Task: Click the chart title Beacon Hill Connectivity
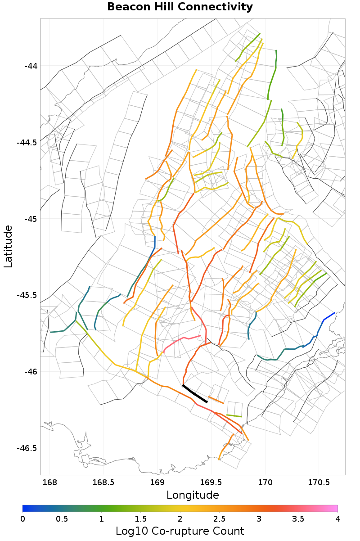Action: click(x=180, y=7)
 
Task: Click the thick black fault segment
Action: click(x=194, y=394)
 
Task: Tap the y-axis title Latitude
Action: click(x=8, y=247)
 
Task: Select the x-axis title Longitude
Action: click(x=193, y=495)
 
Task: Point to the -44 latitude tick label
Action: click(x=31, y=66)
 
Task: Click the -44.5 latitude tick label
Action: click(x=27, y=143)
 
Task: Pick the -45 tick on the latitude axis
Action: click(x=31, y=219)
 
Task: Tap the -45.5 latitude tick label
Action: click(x=27, y=295)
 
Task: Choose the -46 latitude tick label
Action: click(x=31, y=372)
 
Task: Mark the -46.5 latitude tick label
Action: click(x=27, y=448)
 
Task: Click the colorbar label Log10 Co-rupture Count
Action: click(x=180, y=531)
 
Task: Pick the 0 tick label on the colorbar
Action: click(x=22, y=519)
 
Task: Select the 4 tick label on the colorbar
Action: click(x=337, y=519)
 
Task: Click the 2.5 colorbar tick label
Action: click(x=219, y=519)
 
